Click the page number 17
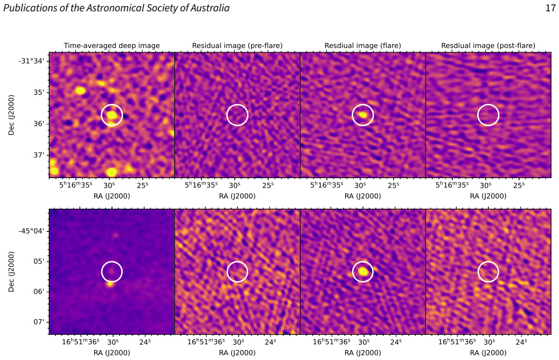point(550,8)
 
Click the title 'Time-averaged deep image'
point(111,46)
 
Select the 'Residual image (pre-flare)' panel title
point(237,46)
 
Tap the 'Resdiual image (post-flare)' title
point(488,46)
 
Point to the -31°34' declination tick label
point(32,61)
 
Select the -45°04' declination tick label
point(32,231)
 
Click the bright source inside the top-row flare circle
point(363,115)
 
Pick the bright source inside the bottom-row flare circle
point(363,271)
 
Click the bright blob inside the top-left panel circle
point(112,115)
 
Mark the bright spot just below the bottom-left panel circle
point(110,284)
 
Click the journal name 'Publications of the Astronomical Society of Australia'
point(116,8)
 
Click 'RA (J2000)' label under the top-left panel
point(111,196)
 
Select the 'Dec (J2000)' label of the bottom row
point(11,272)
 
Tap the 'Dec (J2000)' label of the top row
point(11,115)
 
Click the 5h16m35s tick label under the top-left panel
point(75,185)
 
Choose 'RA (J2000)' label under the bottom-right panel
point(488,352)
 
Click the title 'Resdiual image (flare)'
point(362,46)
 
